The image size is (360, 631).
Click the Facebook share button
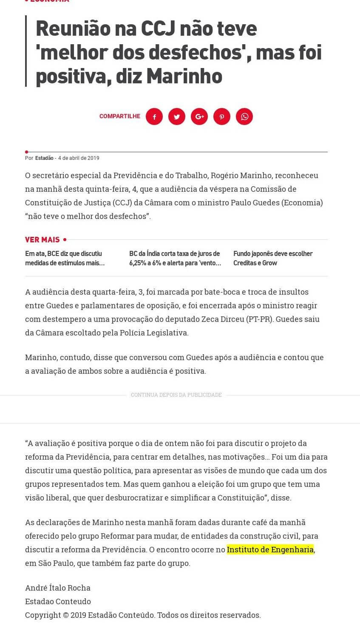154,117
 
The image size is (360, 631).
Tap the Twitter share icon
177,117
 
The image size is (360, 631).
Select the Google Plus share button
199,117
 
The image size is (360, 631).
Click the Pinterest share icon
222,117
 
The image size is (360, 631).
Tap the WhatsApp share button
244,117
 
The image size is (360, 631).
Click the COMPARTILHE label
120,116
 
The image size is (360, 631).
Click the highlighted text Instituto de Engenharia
270,549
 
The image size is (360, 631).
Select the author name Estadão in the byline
44,158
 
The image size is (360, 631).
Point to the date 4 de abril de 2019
79,158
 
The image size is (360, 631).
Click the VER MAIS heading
43,240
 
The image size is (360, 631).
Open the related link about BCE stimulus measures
65,258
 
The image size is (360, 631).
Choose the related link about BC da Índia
175,258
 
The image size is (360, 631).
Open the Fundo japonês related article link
273,258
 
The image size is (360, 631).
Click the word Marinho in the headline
184,76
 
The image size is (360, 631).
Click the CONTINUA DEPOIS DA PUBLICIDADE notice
176,395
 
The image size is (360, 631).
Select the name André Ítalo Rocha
58,588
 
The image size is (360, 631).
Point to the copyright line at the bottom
143,615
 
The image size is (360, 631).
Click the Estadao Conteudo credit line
58,601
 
